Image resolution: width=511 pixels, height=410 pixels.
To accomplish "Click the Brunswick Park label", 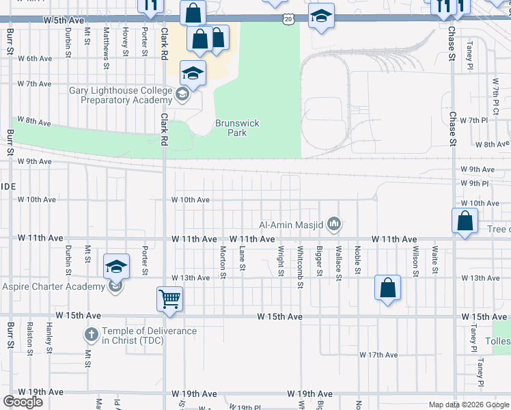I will tap(237, 128).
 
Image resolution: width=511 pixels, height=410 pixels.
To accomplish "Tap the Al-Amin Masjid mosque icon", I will tap(334, 223).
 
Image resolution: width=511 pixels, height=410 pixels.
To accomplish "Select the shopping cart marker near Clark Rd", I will tap(170, 298).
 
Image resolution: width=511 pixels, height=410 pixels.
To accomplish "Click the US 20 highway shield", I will tap(289, 20).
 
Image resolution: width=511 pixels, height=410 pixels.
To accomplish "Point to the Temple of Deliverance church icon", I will tap(92, 335).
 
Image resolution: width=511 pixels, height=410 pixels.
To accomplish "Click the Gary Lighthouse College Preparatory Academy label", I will tap(122, 95).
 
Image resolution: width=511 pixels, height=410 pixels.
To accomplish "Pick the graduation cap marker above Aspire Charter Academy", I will tap(116, 266).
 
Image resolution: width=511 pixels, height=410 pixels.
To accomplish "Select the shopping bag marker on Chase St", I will tap(465, 221).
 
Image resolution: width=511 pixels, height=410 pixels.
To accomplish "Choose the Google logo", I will tap(22, 402).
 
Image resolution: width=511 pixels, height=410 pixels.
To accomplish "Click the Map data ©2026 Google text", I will tap(468, 405).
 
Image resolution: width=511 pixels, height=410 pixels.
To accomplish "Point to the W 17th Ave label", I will tap(378, 355).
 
